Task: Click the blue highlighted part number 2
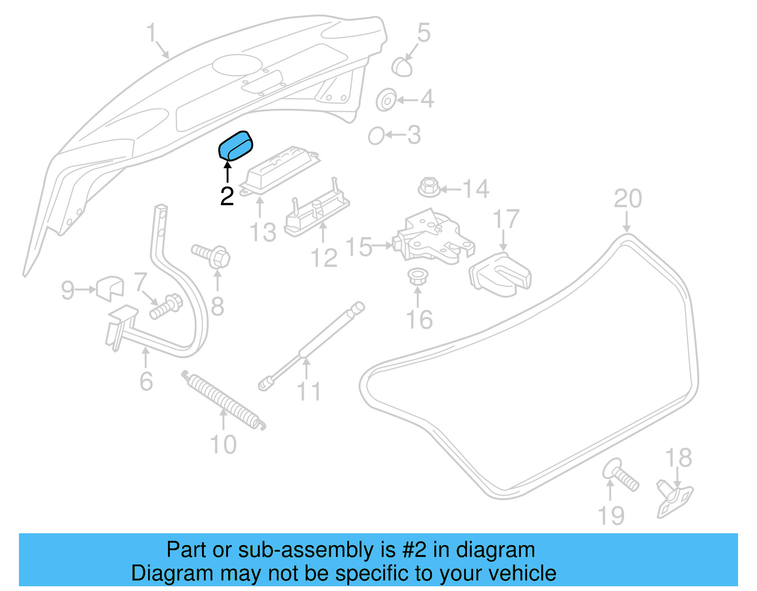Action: (x=236, y=146)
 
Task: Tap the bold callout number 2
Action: (x=227, y=196)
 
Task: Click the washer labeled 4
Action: (x=386, y=100)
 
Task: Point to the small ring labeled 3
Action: (x=376, y=136)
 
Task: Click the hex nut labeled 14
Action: (x=429, y=187)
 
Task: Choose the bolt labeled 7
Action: (x=166, y=306)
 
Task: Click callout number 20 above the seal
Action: (x=628, y=199)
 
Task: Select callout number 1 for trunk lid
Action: (x=151, y=33)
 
